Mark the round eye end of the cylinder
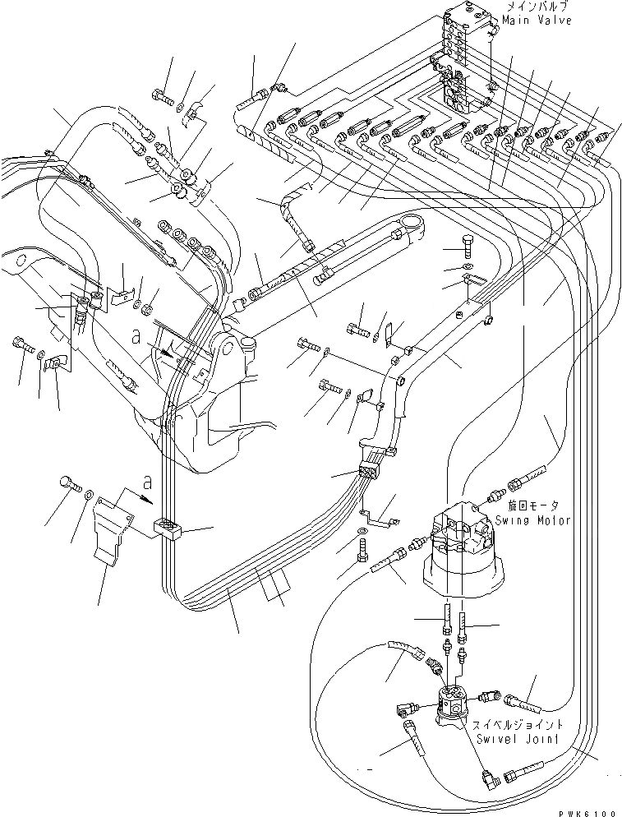412,224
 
